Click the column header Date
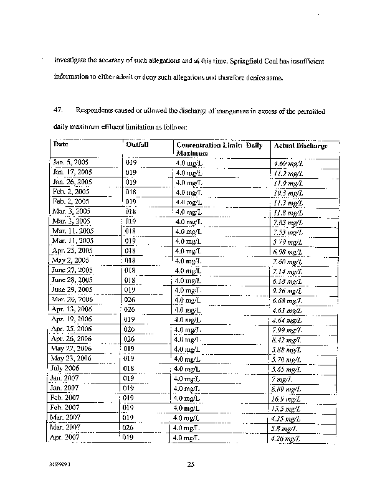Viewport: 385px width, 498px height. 61,144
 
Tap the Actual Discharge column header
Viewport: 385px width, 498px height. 300,145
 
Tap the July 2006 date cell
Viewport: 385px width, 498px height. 65,368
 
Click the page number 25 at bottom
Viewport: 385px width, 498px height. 192,464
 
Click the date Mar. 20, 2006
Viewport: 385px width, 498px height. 72,299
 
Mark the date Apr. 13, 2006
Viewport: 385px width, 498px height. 72,309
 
